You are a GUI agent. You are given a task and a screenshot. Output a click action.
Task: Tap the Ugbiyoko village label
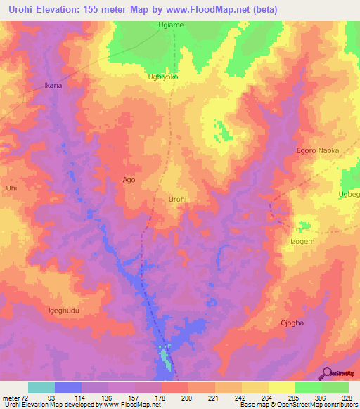162,77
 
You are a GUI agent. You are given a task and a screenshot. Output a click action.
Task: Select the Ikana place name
54,86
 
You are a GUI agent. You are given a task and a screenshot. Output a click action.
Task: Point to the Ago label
129,180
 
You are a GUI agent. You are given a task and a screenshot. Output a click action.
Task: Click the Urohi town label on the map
178,200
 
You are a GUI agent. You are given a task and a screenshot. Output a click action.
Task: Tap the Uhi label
11,188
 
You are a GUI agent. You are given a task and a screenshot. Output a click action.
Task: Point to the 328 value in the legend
347,398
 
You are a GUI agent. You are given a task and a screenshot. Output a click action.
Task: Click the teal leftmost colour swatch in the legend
41,387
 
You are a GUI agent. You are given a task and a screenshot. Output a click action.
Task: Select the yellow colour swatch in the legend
281,387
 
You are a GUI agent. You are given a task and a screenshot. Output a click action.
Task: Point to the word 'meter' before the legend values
12,398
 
